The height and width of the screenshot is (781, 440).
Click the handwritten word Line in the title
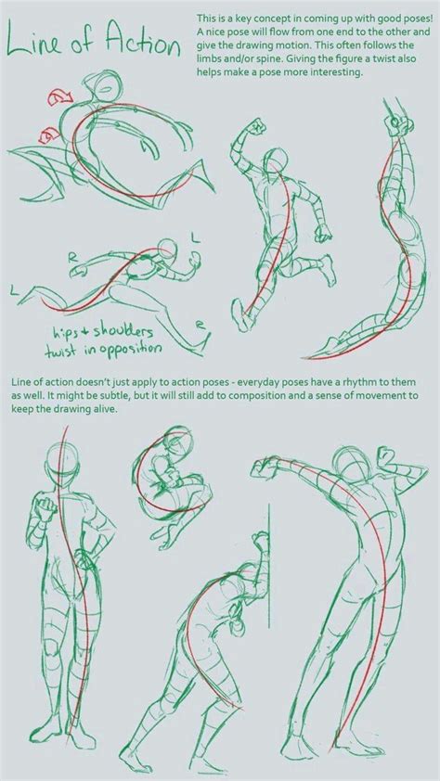coord(41,45)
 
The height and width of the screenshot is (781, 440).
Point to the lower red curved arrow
coord(46,137)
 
